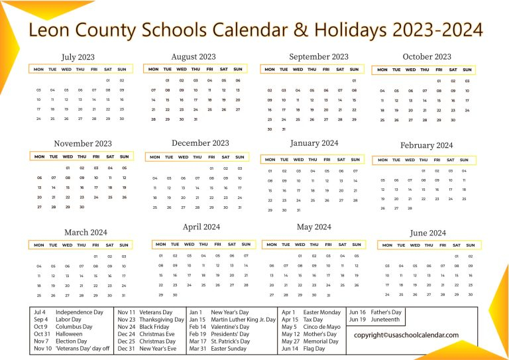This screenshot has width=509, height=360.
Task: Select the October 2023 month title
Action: (x=427, y=56)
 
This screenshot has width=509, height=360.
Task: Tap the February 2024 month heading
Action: (x=426, y=145)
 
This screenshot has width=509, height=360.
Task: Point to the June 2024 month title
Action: (x=428, y=233)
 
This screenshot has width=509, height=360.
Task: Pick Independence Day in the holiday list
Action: (x=80, y=312)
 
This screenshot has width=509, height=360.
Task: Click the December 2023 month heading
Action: (x=200, y=143)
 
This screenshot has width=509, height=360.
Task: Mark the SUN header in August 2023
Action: (x=237, y=69)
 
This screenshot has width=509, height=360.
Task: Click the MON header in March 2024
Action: (x=39, y=245)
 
